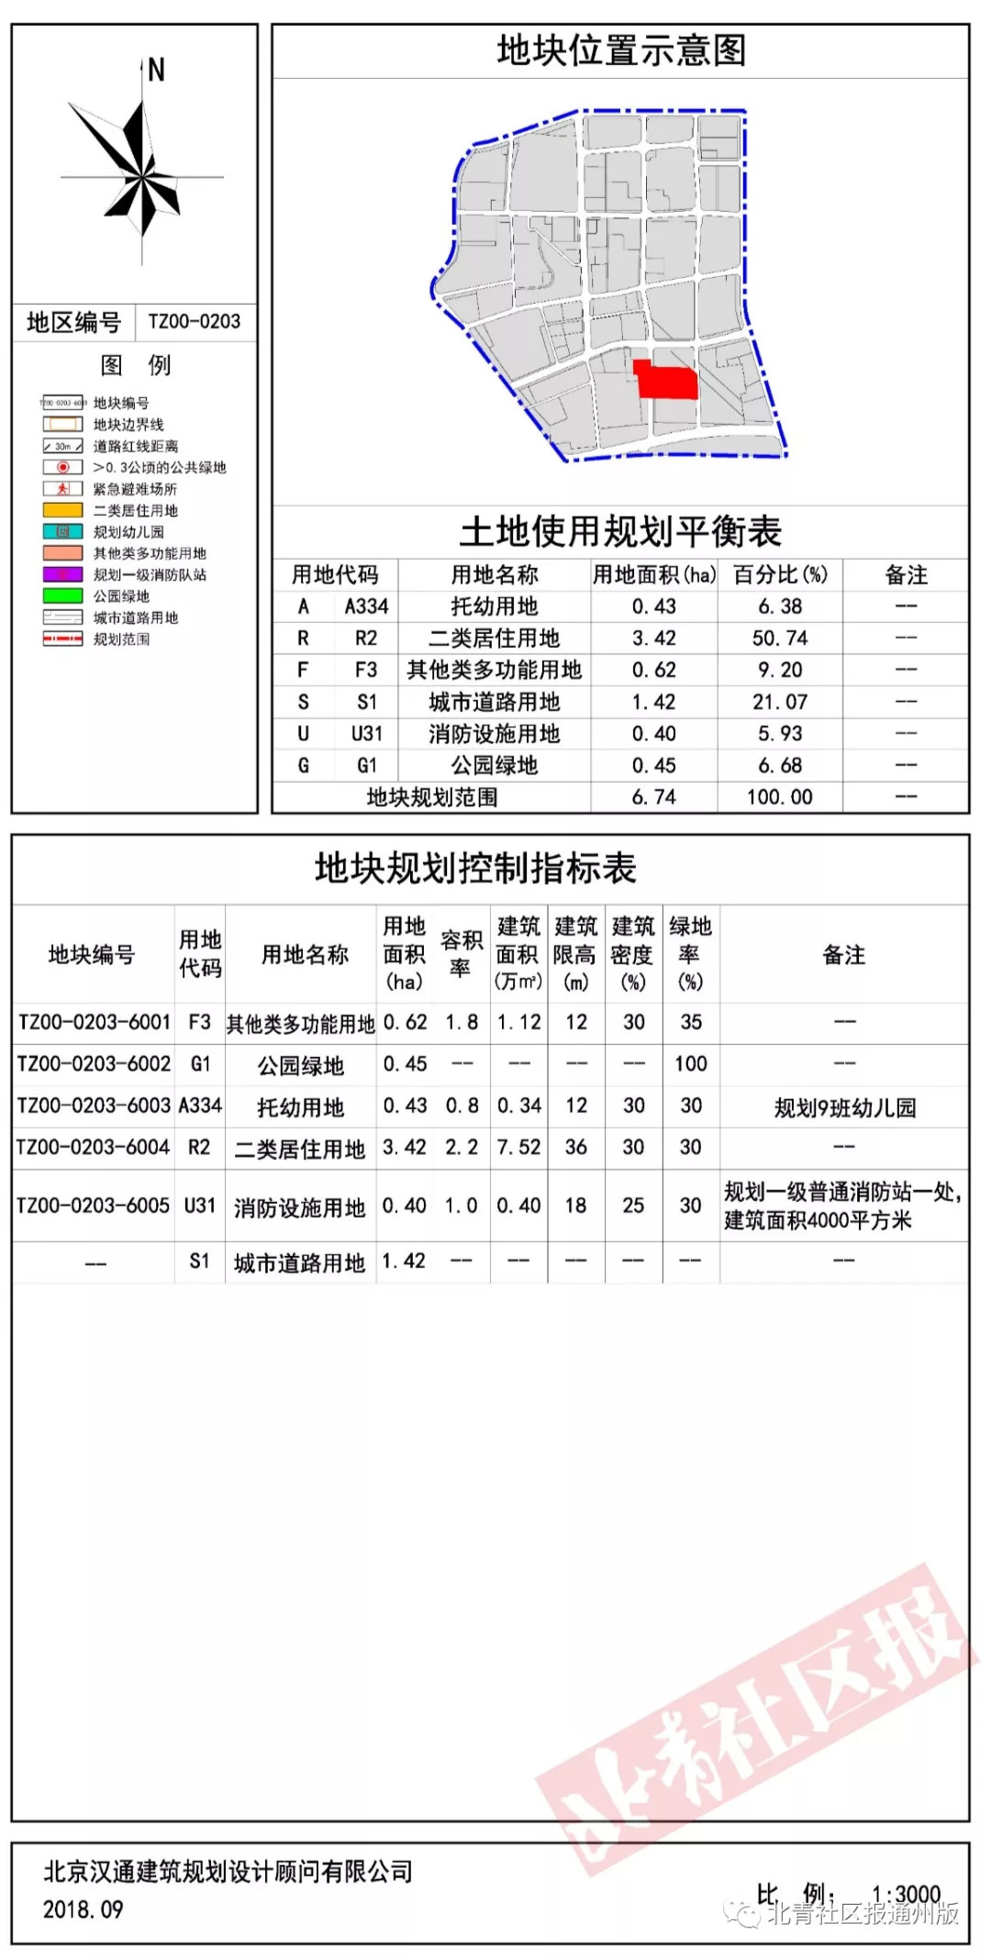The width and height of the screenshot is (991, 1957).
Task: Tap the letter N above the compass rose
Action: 156,70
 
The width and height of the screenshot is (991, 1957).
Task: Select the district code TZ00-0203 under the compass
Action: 195,322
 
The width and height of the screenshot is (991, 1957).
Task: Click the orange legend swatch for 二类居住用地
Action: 62,510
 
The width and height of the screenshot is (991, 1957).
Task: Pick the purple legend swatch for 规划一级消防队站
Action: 62,574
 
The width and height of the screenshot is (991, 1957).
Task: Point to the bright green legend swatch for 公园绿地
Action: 62,595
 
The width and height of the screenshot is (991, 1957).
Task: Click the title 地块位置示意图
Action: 621,50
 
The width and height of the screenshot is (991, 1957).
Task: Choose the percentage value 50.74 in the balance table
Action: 779,639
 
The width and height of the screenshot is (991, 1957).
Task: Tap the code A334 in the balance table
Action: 366,606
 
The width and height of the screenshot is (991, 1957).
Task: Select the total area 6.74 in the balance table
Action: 653,797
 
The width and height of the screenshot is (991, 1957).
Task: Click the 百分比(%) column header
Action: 780,575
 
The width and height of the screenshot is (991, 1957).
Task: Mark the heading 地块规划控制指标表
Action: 475,868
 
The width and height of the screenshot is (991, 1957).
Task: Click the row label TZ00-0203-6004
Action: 94,1147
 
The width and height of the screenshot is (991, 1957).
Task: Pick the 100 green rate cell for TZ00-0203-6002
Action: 691,1064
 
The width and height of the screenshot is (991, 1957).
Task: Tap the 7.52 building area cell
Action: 518,1147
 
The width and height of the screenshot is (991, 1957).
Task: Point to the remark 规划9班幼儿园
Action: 844,1107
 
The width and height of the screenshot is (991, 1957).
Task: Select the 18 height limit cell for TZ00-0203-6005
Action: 575,1206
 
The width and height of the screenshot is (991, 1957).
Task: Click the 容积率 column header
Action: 461,954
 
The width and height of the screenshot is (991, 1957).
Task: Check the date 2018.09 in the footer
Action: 83,1909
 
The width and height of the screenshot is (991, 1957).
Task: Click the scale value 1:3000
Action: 906,1894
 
